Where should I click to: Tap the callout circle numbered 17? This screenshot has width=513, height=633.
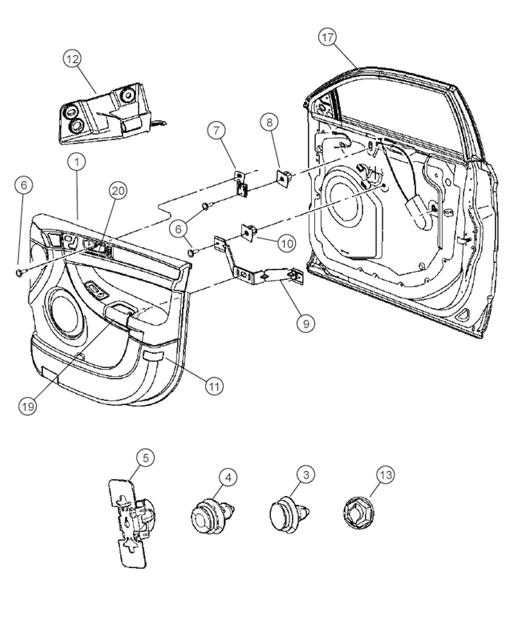(x=328, y=38)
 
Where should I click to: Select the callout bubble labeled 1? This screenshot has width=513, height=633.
(x=77, y=162)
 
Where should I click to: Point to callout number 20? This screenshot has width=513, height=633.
(x=118, y=191)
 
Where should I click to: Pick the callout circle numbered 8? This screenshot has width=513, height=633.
(x=269, y=123)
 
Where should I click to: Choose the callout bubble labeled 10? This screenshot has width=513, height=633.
(x=287, y=244)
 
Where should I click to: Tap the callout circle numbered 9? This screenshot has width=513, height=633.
(x=306, y=324)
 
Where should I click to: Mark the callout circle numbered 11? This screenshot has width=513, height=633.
(x=214, y=386)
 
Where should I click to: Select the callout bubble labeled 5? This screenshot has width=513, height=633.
(x=146, y=458)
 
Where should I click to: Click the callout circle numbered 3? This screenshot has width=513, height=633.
(x=306, y=474)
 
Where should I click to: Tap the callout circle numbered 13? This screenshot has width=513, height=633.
(x=386, y=475)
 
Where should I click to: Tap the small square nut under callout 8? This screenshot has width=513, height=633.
(x=284, y=177)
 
